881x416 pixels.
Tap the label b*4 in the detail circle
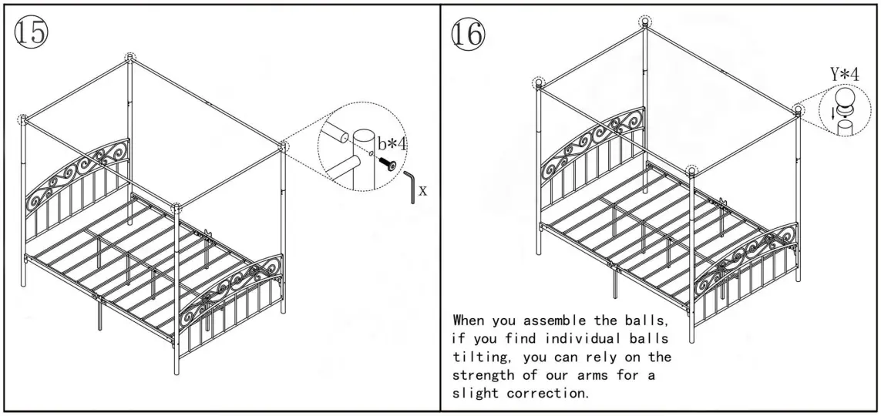392,144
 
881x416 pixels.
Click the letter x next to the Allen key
422,190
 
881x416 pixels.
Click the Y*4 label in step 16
844,75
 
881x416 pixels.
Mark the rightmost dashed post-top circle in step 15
284,144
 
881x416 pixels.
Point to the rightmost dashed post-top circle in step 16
798,110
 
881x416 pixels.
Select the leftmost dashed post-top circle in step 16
539,82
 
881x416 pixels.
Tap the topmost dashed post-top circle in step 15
129,58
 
